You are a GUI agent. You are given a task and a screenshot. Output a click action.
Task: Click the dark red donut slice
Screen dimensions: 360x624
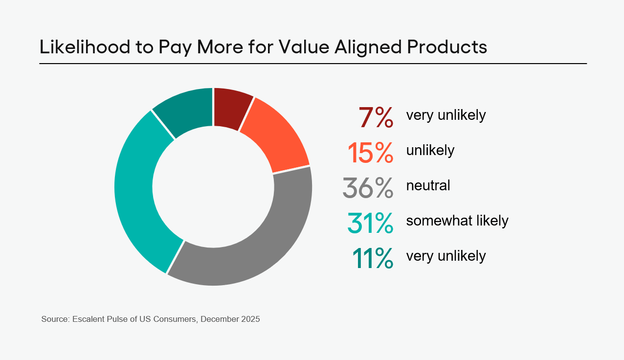pyautogui.click(x=231, y=109)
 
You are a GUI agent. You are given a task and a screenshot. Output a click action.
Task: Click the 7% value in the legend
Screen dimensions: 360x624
pyautogui.click(x=376, y=117)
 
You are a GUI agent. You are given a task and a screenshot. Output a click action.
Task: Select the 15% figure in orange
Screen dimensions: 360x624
pyautogui.click(x=370, y=153)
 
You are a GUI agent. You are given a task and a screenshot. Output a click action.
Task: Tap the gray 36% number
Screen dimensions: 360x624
pyautogui.click(x=368, y=188)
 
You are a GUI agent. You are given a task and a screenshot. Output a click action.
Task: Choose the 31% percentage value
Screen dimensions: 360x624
pyautogui.click(x=370, y=223)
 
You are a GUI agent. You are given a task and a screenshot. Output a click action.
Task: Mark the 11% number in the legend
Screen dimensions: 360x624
pyautogui.click(x=372, y=258)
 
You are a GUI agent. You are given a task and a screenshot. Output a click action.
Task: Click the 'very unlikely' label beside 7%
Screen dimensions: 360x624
pyautogui.click(x=446, y=115)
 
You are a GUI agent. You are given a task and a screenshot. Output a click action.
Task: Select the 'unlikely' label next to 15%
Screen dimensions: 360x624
pyautogui.click(x=430, y=151)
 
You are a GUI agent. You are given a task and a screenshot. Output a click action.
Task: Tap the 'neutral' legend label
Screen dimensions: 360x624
pyautogui.click(x=428, y=186)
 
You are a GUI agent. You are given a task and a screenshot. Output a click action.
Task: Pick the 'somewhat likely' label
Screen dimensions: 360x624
pyautogui.click(x=457, y=221)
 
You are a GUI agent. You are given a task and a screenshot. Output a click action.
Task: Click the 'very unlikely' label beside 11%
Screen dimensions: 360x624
pyautogui.click(x=446, y=256)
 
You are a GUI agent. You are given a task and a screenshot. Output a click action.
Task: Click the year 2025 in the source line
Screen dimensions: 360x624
pyautogui.click(x=250, y=319)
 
